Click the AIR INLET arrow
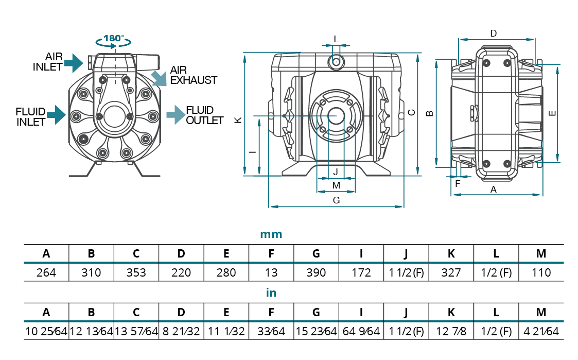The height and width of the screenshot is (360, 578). (x=74, y=62)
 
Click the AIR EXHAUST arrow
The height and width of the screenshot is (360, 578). (x=160, y=78)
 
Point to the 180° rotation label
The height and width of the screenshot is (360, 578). (x=114, y=38)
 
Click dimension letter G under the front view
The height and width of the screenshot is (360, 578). (x=336, y=200)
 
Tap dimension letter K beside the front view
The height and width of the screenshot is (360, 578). (x=238, y=119)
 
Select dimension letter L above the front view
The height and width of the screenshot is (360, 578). (x=336, y=39)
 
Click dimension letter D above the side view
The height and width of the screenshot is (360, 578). (x=493, y=33)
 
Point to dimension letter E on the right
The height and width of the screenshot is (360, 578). (x=552, y=114)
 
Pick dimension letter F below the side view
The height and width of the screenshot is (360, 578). (x=457, y=182)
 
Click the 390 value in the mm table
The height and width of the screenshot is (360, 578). (x=316, y=272)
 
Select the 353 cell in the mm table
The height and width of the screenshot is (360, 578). (x=136, y=272)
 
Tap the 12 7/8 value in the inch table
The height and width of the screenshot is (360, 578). (x=451, y=331)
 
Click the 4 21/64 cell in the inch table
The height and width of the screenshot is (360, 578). (x=541, y=331)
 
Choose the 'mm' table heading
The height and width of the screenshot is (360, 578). (x=271, y=234)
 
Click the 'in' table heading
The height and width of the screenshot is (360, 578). (x=271, y=293)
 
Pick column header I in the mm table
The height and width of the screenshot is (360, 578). (x=361, y=253)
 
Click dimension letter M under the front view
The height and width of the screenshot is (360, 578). (x=336, y=185)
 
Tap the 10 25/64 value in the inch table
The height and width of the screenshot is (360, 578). (x=46, y=331)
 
